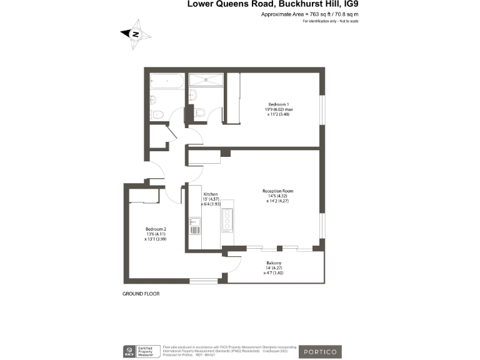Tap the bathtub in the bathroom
(166, 81)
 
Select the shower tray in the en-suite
(205, 79)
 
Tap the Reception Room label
(278, 191)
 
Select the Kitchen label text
(210, 194)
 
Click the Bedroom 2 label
(156, 229)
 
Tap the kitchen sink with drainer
(194, 225)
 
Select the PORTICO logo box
(319, 352)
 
